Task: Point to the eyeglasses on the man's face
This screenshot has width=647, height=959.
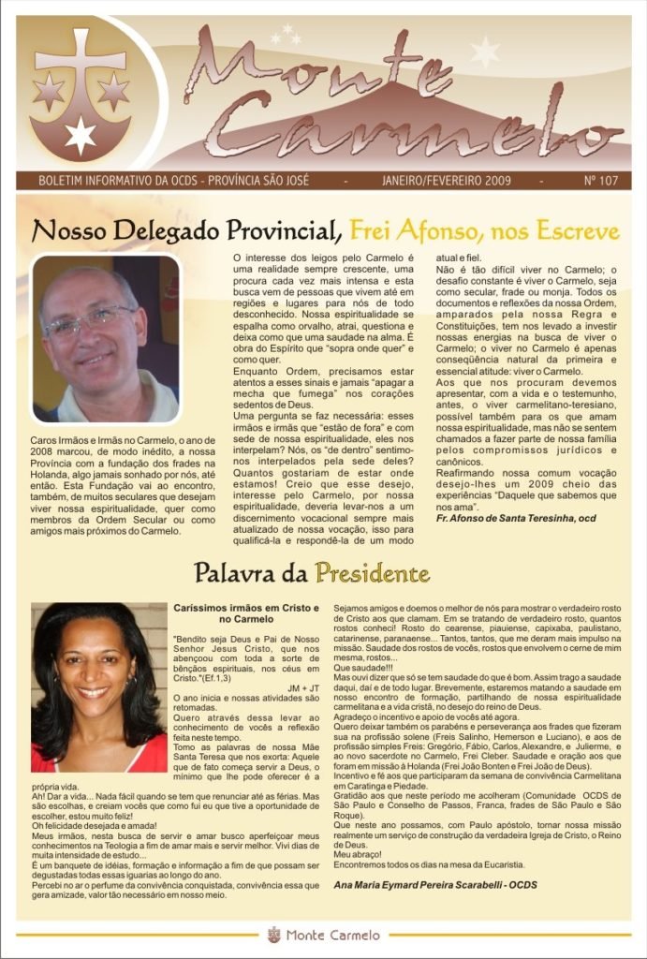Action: [x=90, y=322]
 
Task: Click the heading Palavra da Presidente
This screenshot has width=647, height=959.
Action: [x=312, y=572]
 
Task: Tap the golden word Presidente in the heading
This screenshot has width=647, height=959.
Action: [x=372, y=572]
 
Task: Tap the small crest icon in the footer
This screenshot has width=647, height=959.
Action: [x=273, y=934]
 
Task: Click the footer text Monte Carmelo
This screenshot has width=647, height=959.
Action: [x=333, y=935]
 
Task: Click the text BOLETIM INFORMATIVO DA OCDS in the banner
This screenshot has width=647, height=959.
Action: [x=131, y=180]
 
